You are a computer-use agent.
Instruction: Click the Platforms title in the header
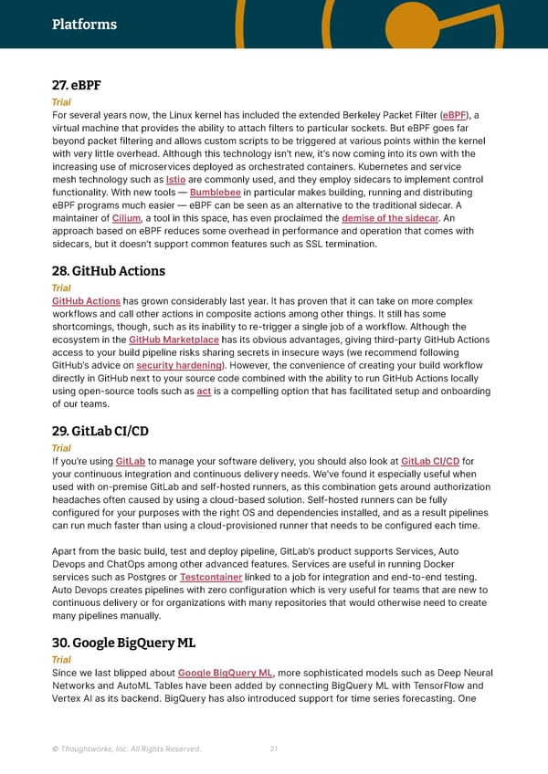[x=84, y=25]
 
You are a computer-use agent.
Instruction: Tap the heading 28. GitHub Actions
[x=110, y=270]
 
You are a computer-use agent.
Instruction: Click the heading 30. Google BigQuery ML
[x=123, y=642]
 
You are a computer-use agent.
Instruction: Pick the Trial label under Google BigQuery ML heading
[x=61, y=659]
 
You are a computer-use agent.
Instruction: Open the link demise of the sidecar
[x=390, y=219]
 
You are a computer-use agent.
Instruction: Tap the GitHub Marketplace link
[x=174, y=340]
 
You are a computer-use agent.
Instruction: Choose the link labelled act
[x=204, y=391]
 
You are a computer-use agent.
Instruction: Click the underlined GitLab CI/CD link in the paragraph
[x=430, y=462]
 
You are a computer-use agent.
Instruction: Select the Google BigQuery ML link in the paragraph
[x=225, y=674]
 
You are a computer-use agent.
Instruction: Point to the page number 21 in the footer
[x=274, y=749]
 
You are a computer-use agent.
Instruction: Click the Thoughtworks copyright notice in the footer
[x=126, y=749]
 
